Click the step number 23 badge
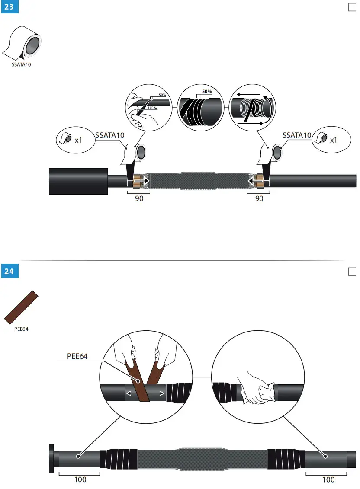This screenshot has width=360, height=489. pos(9,7)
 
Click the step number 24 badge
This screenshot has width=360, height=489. pos(9,271)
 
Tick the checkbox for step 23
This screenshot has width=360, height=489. pos(352,7)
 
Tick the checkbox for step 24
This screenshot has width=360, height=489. pos(352,271)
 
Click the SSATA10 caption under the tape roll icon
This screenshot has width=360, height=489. pos(21,65)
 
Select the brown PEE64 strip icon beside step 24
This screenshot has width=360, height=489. pos(22,307)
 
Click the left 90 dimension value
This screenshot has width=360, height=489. pos(139,198)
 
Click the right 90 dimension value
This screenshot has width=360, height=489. pos(259,198)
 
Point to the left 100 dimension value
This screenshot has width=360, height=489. pos(80,479)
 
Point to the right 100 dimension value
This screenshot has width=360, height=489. pos(328,479)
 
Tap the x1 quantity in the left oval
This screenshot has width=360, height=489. pos(79,140)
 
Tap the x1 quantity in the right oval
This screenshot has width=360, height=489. pos(334,140)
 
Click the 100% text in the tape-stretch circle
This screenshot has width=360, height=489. pos(152,107)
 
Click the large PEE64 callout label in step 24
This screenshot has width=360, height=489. pos(80,356)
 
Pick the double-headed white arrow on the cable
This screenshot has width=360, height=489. pos(145,393)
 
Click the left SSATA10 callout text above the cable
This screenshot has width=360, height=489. pos(110,135)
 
